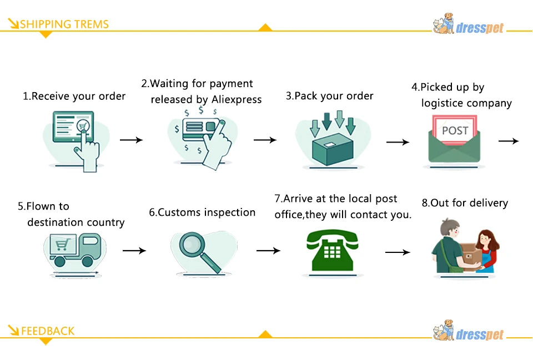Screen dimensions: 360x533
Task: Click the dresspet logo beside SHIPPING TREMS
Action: (469, 24)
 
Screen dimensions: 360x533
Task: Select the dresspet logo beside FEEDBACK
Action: (469, 332)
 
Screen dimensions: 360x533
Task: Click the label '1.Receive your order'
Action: (74, 96)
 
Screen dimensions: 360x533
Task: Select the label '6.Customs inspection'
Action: (202, 212)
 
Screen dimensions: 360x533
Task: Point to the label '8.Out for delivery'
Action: (465, 203)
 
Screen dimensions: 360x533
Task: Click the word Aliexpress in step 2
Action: (237, 100)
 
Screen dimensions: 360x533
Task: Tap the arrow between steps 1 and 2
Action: (131, 140)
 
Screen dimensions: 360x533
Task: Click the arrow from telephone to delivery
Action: (398, 252)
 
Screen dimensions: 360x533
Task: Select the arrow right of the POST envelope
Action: (509, 141)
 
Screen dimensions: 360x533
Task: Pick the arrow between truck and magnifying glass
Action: (134, 251)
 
